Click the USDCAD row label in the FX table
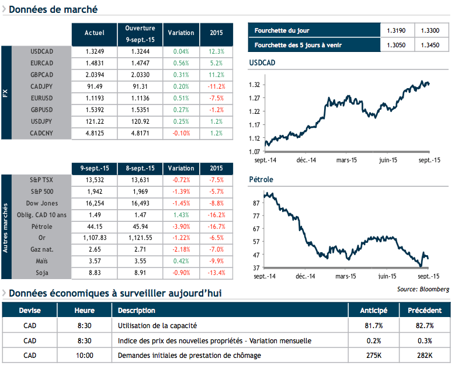tap(41, 51)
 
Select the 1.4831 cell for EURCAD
tap(94, 63)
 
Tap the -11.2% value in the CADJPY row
tap(216, 86)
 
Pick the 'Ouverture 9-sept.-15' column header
tap(140, 34)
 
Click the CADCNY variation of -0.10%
tap(181, 133)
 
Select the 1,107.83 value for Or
tap(94, 238)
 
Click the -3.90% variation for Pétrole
tap(181, 227)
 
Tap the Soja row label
tap(41, 273)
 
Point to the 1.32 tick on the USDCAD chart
tap(255, 85)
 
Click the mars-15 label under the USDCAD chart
tap(347, 159)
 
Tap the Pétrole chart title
tap(261, 180)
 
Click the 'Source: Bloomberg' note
tap(423, 289)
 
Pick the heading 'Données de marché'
tap(53, 9)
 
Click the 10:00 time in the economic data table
tap(85, 355)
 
